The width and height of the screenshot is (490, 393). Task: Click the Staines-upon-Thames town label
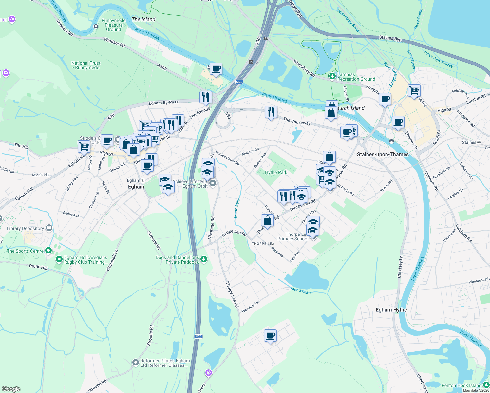tap(383, 154)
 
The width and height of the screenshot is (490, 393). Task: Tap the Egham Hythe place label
tap(391, 310)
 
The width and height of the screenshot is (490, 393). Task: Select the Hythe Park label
tap(276, 172)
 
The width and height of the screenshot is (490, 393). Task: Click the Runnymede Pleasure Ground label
tap(114, 25)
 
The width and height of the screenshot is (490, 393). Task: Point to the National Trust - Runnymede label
tap(86, 65)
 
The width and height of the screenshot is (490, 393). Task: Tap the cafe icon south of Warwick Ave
tap(271, 336)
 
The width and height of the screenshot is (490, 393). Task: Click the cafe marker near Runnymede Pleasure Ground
tap(216, 69)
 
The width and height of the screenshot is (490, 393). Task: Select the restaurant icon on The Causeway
tap(271, 112)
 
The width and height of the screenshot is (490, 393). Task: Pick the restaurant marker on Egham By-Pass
tap(206, 97)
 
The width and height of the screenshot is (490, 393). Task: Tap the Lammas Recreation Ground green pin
tap(332, 76)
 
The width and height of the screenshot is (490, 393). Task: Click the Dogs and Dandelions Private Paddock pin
tap(204, 259)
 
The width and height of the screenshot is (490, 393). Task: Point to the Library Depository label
tap(25, 228)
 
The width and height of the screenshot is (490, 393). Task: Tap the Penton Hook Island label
tap(461, 385)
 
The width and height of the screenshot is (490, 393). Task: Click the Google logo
tap(11, 389)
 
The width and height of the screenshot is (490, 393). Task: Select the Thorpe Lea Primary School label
tap(292, 236)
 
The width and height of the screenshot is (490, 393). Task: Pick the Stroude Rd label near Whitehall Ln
tap(154, 240)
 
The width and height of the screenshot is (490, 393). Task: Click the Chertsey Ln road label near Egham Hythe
tap(400, 267)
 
